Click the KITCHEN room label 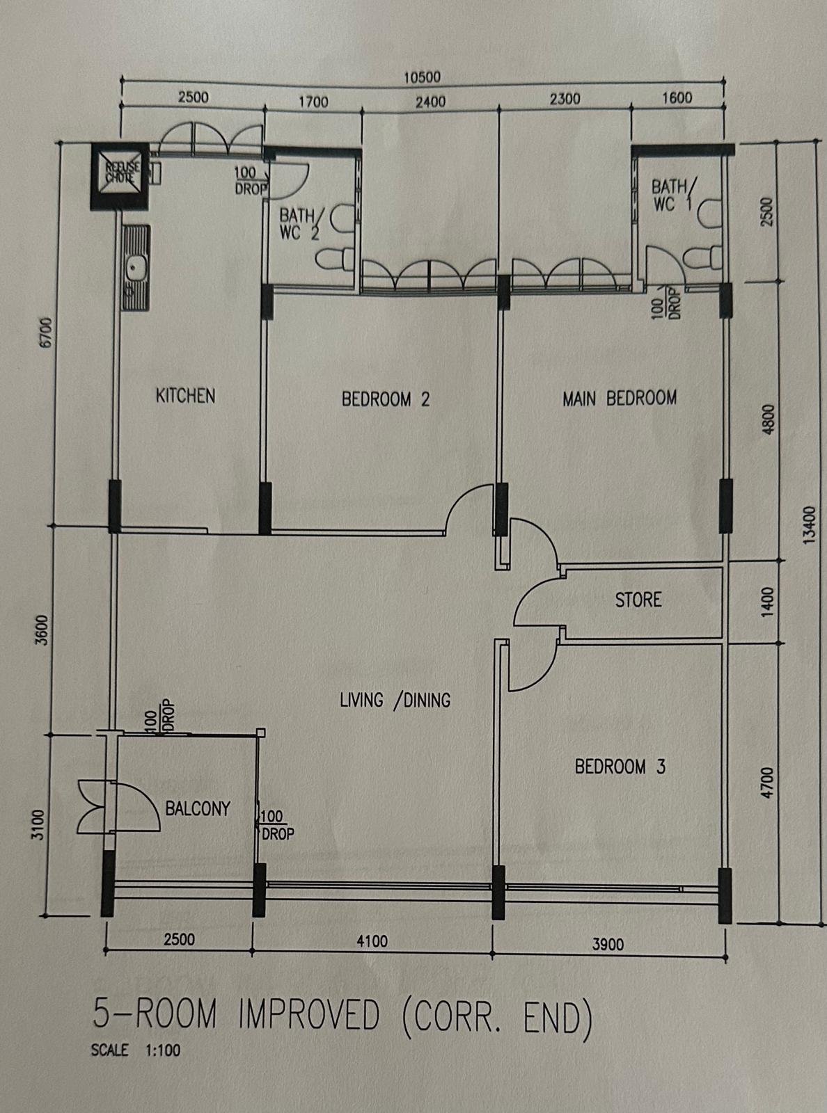tap(185, 396)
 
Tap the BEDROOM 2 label tap(386, 399)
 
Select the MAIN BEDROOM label tap(619, 399)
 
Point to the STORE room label tap(638, 600)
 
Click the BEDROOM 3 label tap(620, 767)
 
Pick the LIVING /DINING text tap(395, 700)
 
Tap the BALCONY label tap(198, 808)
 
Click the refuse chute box tap(120, 175)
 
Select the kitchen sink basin tap(135, 269)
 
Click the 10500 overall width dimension tap(423, 77)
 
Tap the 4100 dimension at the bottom tap(372, 941)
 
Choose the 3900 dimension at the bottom tap(608, 945)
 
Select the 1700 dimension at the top tap(313, 102)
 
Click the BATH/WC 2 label tap(299, 224)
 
